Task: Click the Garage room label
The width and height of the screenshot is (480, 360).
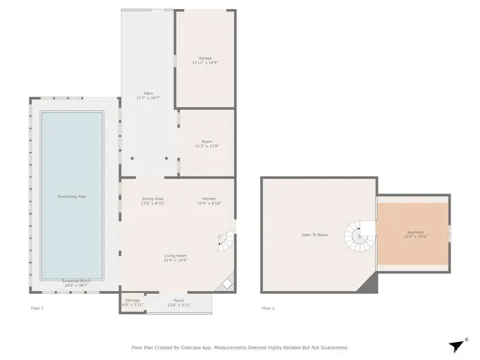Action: (x=205, y=58)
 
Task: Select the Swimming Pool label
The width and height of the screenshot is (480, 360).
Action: (x=72, y=196)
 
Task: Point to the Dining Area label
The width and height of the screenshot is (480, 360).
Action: (x=153, y=199)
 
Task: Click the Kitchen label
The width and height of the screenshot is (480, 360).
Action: (x=208, y=199)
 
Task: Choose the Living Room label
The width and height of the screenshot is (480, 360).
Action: (x=175, y=256)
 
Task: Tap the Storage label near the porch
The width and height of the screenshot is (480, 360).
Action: (x=132, y=300)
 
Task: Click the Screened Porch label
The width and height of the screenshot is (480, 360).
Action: (x=76, y=281)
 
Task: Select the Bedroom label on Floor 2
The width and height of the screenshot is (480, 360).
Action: (x=415, y=232)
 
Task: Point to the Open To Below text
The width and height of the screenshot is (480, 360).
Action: (x=315, y=235)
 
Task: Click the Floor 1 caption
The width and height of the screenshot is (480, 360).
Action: (x=37, y=308)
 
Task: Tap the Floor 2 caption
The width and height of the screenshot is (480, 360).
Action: (x=268, y=308)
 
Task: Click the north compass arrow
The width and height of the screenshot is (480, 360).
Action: (x=457, y=344)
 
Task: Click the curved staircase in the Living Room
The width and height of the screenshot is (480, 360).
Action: (x=224, y=241)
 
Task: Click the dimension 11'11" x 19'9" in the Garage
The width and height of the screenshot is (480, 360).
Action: (x=205, y=63)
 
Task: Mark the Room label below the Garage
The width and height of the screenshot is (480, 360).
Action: (x=207, y=141)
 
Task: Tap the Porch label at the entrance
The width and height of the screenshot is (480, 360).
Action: (x=178, y=300)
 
